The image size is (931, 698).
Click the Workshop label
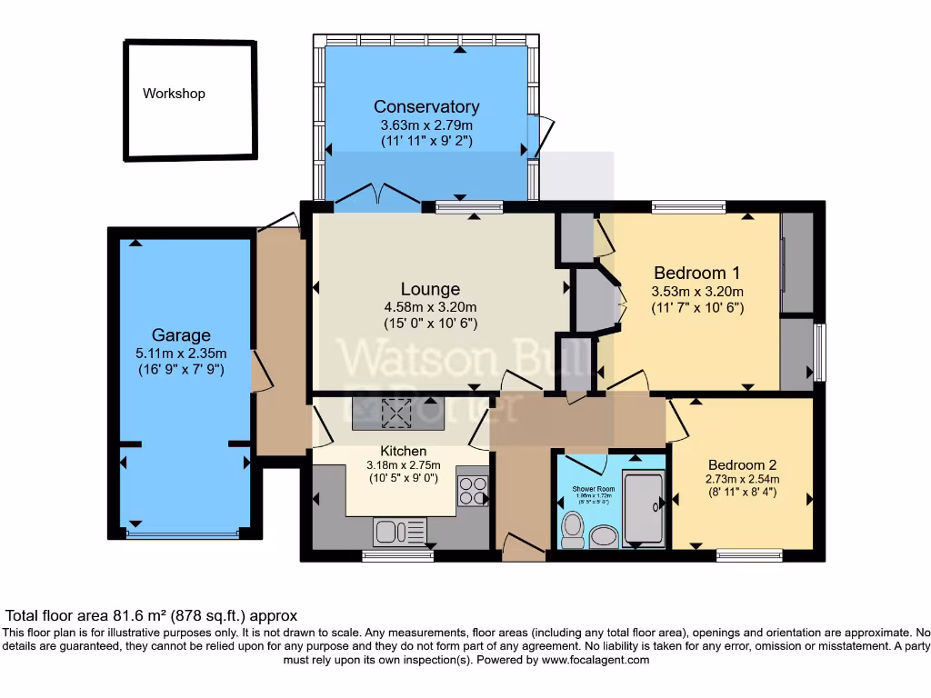[x=174, y=94]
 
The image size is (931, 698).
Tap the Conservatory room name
[x=426, y=107]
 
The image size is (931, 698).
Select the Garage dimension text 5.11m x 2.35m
[x=181, y=354]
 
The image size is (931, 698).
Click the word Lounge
[x=430, y=290]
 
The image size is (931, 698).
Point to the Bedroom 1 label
[x=690, y=273]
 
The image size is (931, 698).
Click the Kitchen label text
[x=403, y=451]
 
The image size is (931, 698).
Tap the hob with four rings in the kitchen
[x=473, y=491]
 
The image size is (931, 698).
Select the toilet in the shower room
[x=573, y=529]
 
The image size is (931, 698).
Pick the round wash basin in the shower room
[x=604, y=536]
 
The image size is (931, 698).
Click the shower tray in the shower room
[x=645, y=509]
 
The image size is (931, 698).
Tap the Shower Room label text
[x=594, y=489]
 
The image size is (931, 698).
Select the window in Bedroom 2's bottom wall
[x=749, y=554]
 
